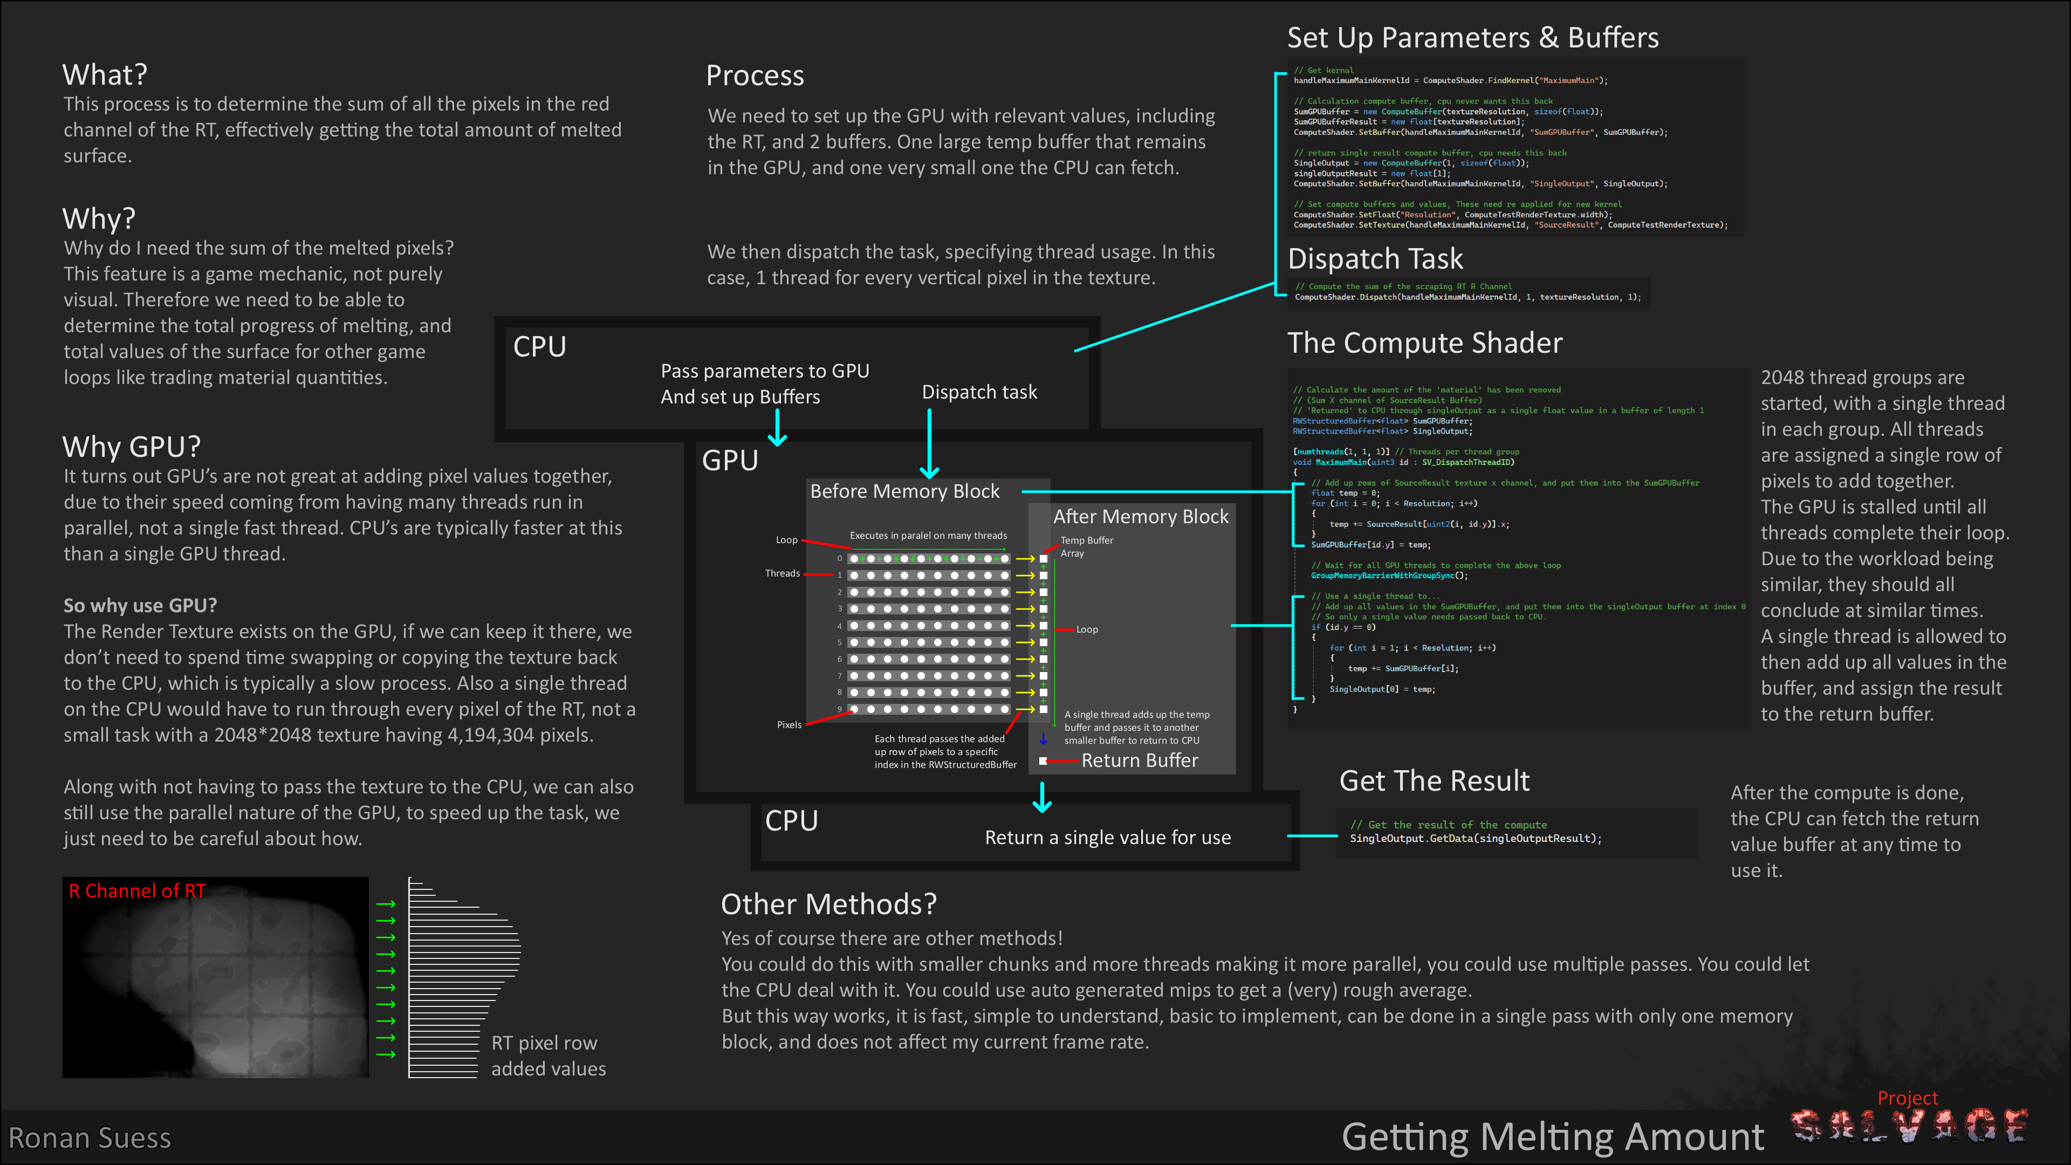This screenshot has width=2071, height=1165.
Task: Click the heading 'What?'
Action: (105, 75)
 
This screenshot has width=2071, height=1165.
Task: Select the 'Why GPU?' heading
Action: (131, 446)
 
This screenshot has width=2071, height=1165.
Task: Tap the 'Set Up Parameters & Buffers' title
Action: (1472, 38)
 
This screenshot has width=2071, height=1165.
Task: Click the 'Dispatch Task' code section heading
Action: (1375, 259)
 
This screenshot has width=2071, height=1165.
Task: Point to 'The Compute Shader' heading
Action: (1424, 344)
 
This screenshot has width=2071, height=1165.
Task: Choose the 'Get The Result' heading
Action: (1434, 780)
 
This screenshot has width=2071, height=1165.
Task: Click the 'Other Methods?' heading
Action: (828, 904)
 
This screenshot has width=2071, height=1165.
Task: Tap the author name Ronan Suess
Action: (90, 1137)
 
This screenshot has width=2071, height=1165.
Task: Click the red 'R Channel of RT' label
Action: (136, 891)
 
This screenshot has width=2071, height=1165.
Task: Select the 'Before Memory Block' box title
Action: (904, 491)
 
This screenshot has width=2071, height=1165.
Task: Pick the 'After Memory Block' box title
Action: (1140, 517)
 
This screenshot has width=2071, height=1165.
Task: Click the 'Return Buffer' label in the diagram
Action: (1139, 760)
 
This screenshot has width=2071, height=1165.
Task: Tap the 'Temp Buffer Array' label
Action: (1086, 547)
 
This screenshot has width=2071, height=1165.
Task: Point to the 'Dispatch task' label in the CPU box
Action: (979, 392)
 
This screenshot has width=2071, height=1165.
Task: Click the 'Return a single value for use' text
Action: (1107, 838)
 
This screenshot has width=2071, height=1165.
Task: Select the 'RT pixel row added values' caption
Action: (548, 1056)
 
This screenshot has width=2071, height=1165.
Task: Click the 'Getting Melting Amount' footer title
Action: (1553, 1137)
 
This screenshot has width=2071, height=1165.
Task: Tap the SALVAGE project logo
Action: (1909, 1126)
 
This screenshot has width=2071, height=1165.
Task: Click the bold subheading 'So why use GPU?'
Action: (140, 605)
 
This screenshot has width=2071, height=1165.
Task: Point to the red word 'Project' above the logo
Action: (1907, 1098)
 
